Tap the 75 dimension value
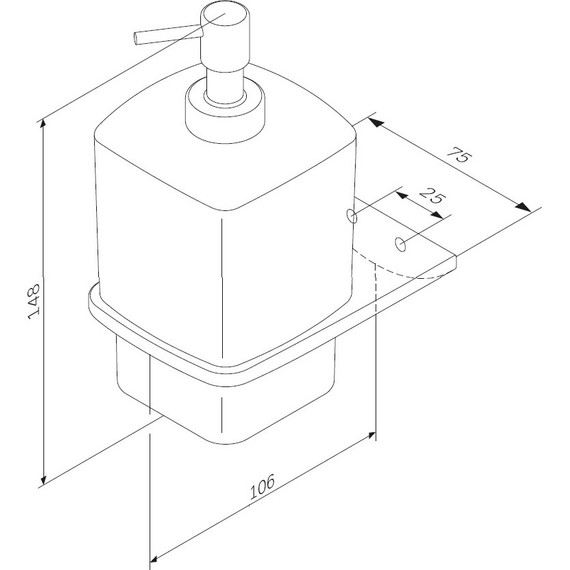459,156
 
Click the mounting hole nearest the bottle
350,214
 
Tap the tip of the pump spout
138,40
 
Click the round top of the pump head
225,20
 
